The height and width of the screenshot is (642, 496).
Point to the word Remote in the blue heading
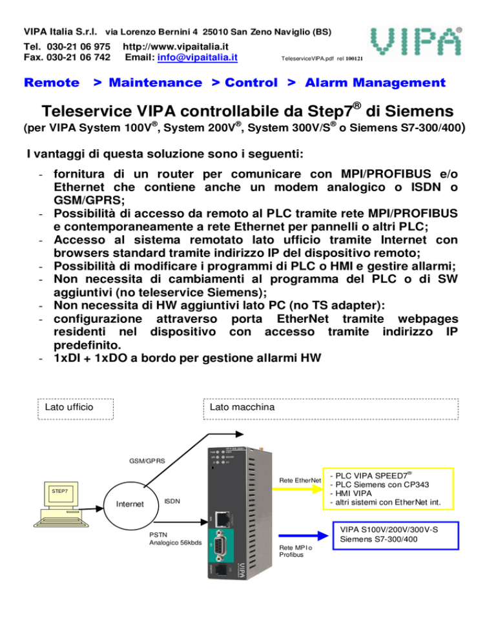51,83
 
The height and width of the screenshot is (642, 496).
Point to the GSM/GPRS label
147,461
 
